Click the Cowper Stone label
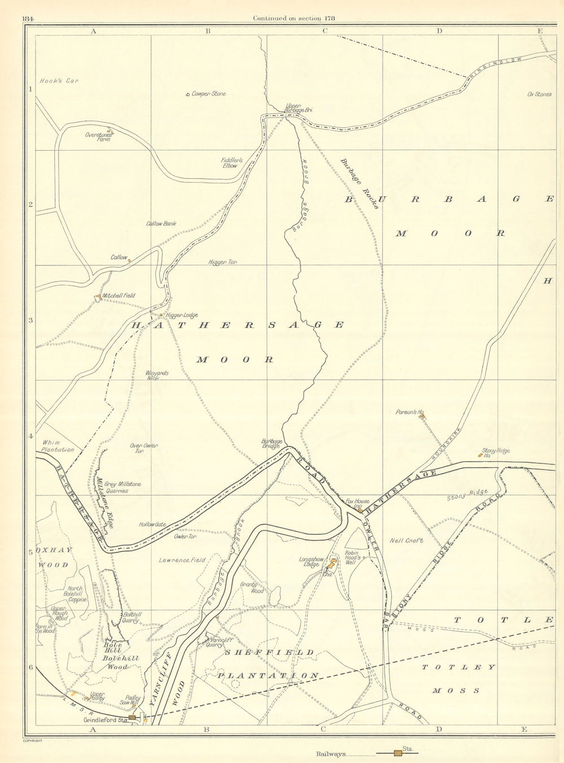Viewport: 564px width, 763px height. coord(209,94)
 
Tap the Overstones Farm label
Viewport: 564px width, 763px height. coord(98,136)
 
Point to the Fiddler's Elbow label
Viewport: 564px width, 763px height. coord(231,163)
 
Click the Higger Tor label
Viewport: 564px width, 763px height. coord(222,262)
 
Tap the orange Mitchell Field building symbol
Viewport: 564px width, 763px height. coord(98,297)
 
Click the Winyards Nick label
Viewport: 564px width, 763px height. coord(157,375)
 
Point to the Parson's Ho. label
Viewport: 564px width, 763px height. coord(409,413)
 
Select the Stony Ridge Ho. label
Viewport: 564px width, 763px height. coord(496,453)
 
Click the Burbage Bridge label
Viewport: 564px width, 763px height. coord(271,444)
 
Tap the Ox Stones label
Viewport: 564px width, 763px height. coord(539,94)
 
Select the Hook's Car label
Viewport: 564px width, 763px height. coord(59,81)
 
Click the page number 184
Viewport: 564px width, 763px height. coord(29,18)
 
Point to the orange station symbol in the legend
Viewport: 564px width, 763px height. coord(398,753)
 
